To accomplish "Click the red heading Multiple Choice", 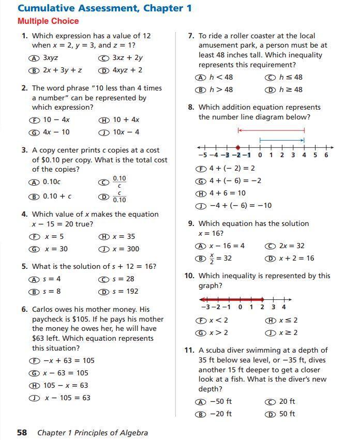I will (x=48, y=21).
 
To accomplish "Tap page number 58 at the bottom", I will (x=22, y=432).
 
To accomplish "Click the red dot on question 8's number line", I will (x=238, y=147).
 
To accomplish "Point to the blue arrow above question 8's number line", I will (x=281, y=139).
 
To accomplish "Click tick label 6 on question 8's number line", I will (x=326, y=155).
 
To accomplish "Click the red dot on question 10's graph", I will (x=262, y=299).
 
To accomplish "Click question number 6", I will (x=24, y=309).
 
